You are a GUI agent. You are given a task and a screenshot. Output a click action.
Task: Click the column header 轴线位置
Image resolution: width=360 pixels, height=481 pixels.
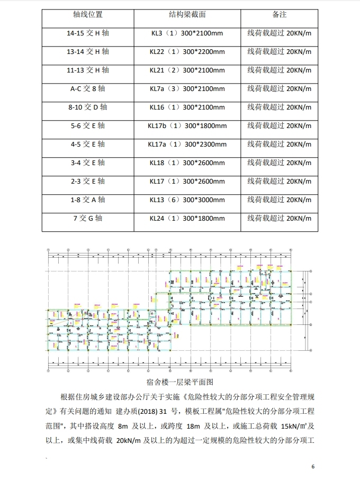point(88,14)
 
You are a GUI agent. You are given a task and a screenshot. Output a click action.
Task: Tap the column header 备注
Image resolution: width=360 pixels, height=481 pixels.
point(279,14)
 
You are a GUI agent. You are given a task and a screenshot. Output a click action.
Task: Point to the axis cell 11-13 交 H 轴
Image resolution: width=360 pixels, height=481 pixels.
point(88,70)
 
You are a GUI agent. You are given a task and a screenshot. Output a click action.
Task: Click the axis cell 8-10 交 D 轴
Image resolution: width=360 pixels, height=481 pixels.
point(88,107)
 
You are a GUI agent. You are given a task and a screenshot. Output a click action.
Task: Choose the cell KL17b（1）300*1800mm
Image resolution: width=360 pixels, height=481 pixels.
point(187,126)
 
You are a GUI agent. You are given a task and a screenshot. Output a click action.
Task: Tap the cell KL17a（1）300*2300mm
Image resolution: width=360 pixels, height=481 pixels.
point(187,144)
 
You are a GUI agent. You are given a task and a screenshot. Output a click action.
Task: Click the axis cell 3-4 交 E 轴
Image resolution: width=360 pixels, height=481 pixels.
point(88,163)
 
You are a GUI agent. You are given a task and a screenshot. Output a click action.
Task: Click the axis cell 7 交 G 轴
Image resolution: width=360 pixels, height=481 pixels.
point(88,219)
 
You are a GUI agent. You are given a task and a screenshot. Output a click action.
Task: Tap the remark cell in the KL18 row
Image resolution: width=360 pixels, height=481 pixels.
point(279,163)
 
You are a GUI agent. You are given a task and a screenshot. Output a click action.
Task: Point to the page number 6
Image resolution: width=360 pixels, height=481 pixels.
point(313,467)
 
